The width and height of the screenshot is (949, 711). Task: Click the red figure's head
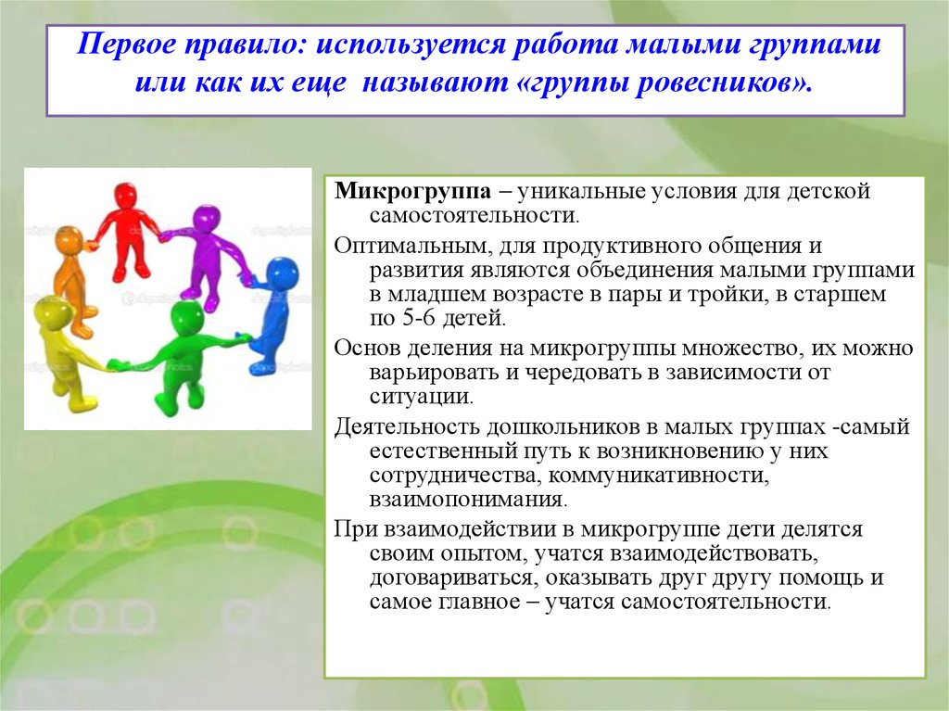pos(126,196)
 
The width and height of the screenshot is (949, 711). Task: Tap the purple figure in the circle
pos(208,254)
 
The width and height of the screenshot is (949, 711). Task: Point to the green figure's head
pos(187,316)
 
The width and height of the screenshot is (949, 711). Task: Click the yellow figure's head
pos(48,315)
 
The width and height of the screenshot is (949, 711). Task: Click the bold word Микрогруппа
pos(412,191)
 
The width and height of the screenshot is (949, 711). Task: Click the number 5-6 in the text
pos(419,318)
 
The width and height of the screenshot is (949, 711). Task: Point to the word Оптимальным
pos(409,246)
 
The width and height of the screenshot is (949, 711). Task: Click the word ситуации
pos(422,397)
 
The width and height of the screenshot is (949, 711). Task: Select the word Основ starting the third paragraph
pos(367,349)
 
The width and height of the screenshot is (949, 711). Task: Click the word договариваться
pos(452,578)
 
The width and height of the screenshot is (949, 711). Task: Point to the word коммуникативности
pos(659,476)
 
